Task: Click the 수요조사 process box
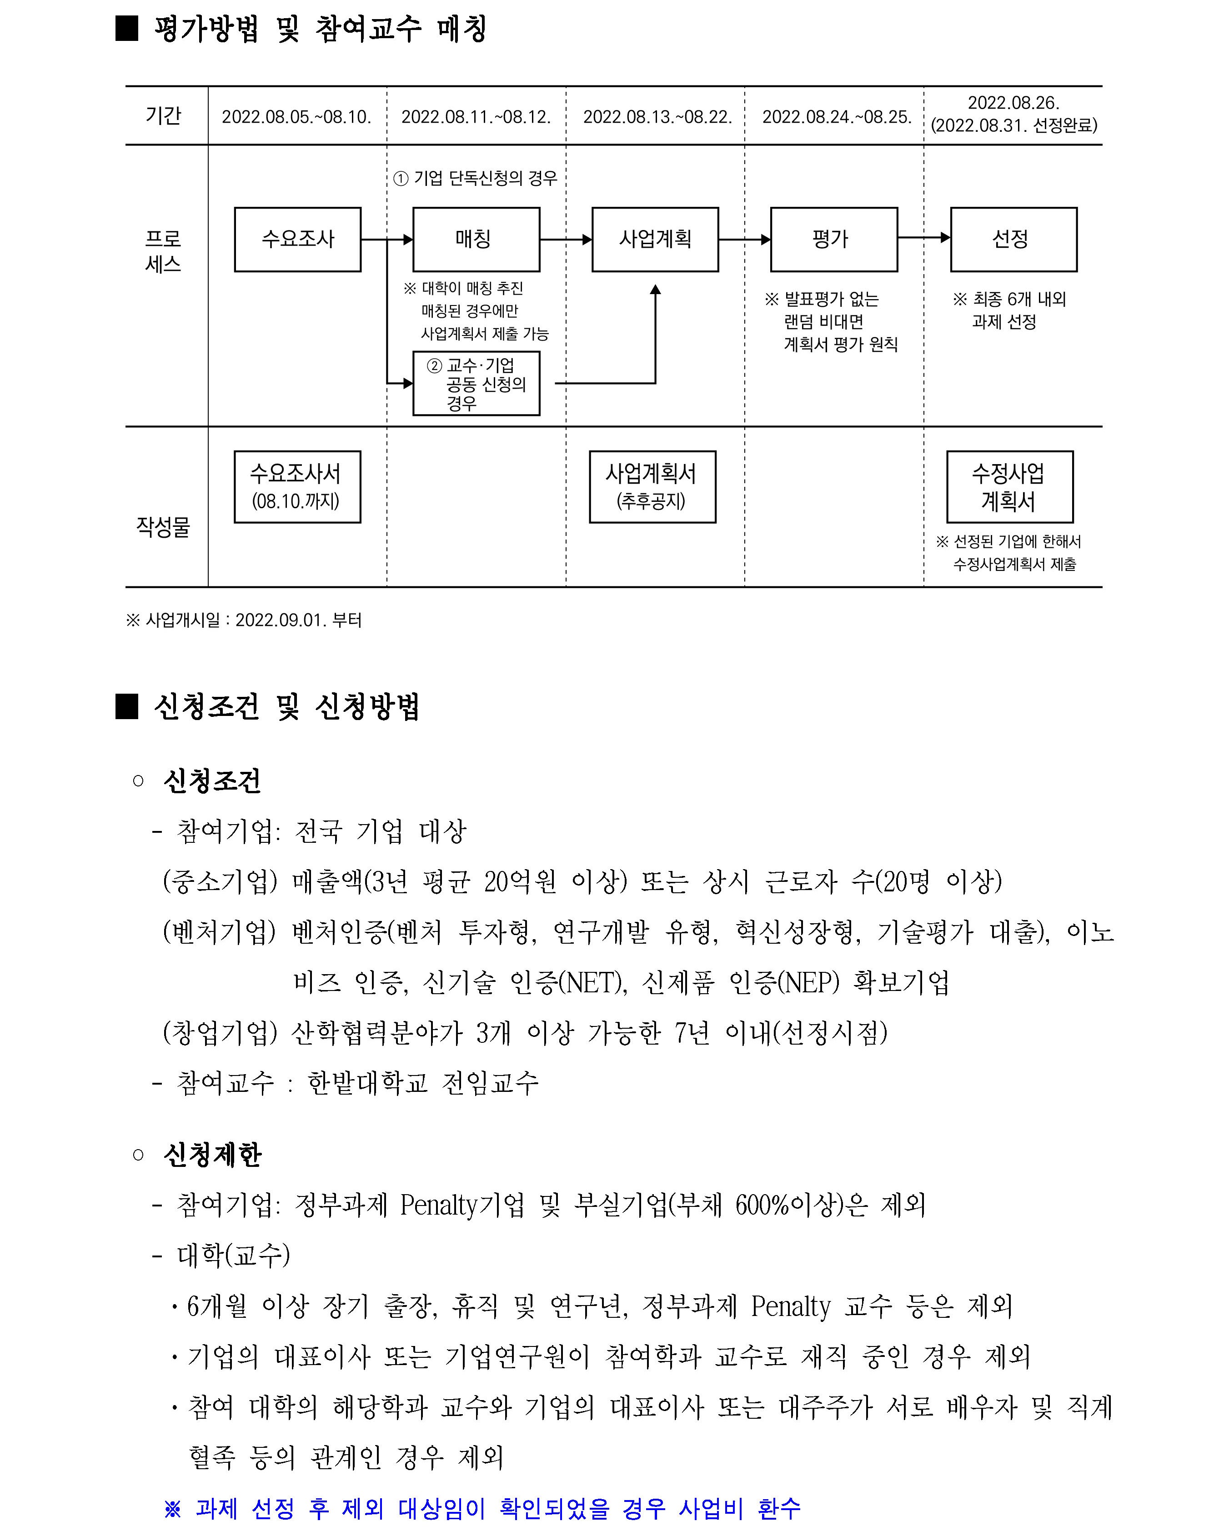coord(298,240)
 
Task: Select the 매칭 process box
coord(476,240)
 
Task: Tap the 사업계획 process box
coord(655,240)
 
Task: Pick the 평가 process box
coord(833,240)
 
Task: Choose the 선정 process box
coord(1013,240)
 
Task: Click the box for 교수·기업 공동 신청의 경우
coord(476,383)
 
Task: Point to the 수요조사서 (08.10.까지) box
coord(297,486)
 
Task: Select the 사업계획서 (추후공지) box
coord(652,486)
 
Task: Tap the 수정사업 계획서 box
coord(1009,486)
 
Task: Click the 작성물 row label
coord(163,526)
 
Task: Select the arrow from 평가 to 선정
coord(923,238)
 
